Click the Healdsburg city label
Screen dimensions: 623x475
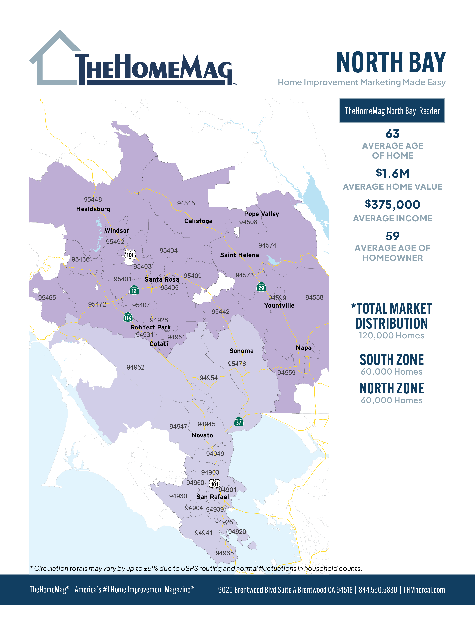tap(93, 209)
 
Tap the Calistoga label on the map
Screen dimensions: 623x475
tap(198, 221)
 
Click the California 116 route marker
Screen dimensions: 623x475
tap(128, 318)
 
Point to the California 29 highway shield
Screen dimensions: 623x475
tap(261, 287)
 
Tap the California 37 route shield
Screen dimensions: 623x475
tap(239, 422)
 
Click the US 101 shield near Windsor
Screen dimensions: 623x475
tap(130, 254)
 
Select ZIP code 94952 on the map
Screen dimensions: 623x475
tap(135, 367)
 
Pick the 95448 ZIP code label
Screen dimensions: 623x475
tap(93, 200)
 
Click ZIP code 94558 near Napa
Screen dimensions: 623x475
tap(314, 297)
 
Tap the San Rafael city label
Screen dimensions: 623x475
tap(213, 497)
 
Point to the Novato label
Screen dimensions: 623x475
tap(202, 435)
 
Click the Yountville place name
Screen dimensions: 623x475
tap(279, 305)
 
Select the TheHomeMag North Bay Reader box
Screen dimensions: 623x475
tap(392, 111)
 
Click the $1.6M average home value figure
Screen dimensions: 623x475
tap(392, 173)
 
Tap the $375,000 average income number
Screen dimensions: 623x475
tap(392, 205)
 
